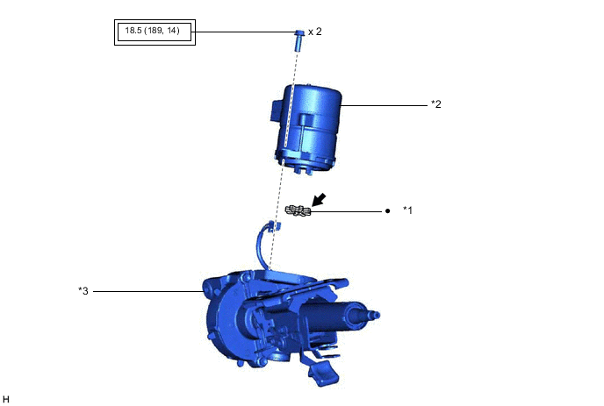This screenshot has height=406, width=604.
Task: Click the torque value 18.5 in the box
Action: (x=133, y=31)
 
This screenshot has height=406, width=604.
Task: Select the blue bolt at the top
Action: (x=299, y=40)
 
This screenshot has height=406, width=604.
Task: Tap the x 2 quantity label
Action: (x=314, y=32)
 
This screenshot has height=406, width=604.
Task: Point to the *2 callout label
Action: (x=436, y=103)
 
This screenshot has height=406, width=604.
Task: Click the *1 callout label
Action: (x=407, y=210)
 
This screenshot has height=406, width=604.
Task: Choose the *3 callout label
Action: (x=83, y=291)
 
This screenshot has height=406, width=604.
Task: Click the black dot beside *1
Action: (x=387, y=210)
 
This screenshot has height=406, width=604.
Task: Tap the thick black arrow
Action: (x=319, y=200)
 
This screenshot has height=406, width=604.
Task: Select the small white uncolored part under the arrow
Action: (x=298, y=210)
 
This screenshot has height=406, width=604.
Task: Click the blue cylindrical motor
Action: (x=308, y=128)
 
